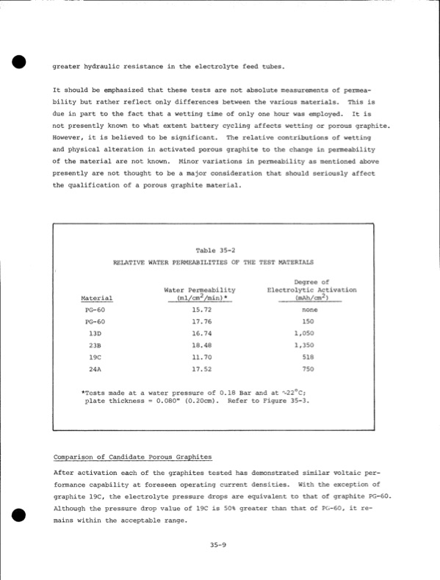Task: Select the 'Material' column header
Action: click(x=97, y=298)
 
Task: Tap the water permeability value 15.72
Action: click(x=202, y=310)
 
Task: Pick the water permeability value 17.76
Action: click(x=202, y=321)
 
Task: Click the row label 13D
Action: click(x=95, y=333)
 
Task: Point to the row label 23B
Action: click(x=95, y=345)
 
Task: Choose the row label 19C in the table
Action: click(x=95, y=357)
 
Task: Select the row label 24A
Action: click(x=95, y=368)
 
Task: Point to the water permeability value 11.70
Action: click(x=202, y=357)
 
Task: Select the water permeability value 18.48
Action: click(x=202, y=345)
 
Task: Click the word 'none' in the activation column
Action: click(x=309, y=310)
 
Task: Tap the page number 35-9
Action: click(x=215, y=545)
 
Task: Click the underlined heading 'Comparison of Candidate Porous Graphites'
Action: click(x=127, y=457)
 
